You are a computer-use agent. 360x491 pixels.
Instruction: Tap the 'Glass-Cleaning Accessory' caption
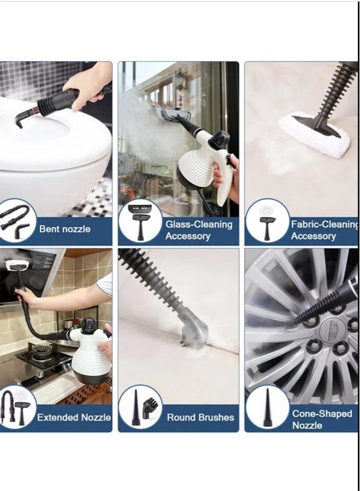coord(199,230)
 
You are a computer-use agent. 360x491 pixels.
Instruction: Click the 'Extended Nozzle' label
coord(74,417)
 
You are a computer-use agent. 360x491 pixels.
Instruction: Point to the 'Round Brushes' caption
coord(200,417)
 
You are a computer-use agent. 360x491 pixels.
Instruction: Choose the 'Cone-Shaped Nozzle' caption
coord(322,419)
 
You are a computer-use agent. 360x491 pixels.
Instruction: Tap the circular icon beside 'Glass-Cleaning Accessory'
coord(140,220)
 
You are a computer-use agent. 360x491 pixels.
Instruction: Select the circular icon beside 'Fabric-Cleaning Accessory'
coord(267,221)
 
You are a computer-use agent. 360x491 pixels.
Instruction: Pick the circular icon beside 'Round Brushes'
coord(140,408)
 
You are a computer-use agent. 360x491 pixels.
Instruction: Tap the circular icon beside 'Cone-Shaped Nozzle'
coord(267,408)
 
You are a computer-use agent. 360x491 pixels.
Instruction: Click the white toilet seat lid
coord(55,136)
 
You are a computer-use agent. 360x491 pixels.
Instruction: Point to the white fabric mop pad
coord(314,134)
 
